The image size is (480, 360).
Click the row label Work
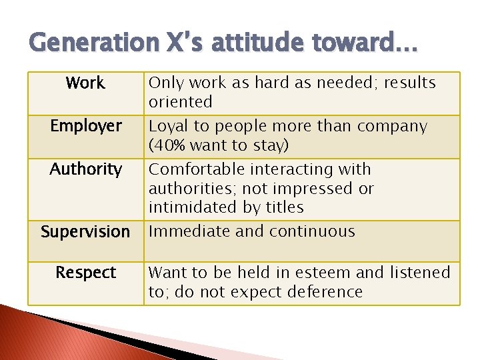click(85, 83)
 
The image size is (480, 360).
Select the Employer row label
click(85, 126)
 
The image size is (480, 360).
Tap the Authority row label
click(85, 169)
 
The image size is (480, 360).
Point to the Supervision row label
click(85, 232)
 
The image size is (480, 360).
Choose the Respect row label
click(85, 273)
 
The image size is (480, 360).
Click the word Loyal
click(167, 126)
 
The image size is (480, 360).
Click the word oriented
click(180, 102)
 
